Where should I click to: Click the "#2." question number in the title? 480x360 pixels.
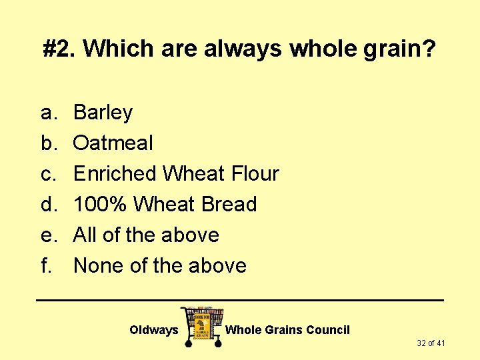pyautogui.click(x=59, y=48)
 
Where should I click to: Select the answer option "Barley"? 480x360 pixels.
pyautogui.click(x=103, y=113)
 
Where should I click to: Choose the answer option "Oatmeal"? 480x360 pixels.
pyautogui.click(x=113, y=143)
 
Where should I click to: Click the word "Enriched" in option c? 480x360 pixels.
pyautogui.click(x=115, y=173)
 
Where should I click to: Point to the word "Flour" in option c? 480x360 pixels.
pyautogui.click(x=255, y=173)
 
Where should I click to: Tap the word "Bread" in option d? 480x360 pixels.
pyautogui.click(x=228, y=204)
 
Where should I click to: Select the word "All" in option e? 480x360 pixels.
pyautogui.click(x=84, y=235)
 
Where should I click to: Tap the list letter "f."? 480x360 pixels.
pyautogui.click(x=46, y=265)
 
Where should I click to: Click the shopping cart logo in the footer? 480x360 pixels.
pyautogui.click(x=201, y=326)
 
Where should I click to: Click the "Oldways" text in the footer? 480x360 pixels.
pyautogui.click(x=153, y=330)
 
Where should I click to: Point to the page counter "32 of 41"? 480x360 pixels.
pyautogui.click(x=431, y=343)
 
